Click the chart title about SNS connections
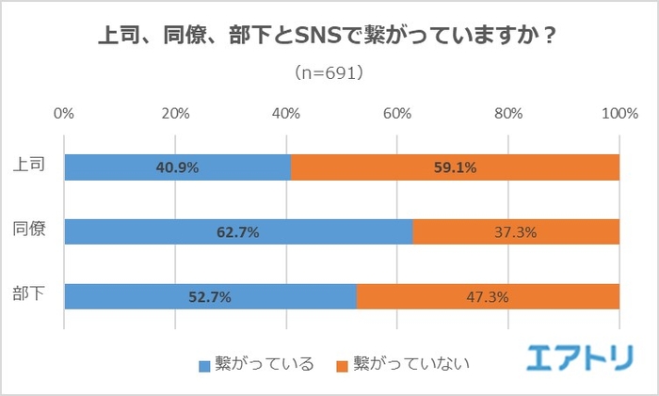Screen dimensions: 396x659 328,38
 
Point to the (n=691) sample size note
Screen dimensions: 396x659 329,72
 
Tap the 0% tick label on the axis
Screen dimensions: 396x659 64,114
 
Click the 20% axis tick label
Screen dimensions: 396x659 175,114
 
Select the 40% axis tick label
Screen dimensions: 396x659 286,114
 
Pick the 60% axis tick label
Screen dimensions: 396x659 397,114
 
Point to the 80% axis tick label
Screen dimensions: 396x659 508,114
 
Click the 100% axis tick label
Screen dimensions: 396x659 618,114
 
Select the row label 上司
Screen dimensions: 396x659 28,166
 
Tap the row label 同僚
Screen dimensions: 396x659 28,230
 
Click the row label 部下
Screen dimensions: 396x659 28,295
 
